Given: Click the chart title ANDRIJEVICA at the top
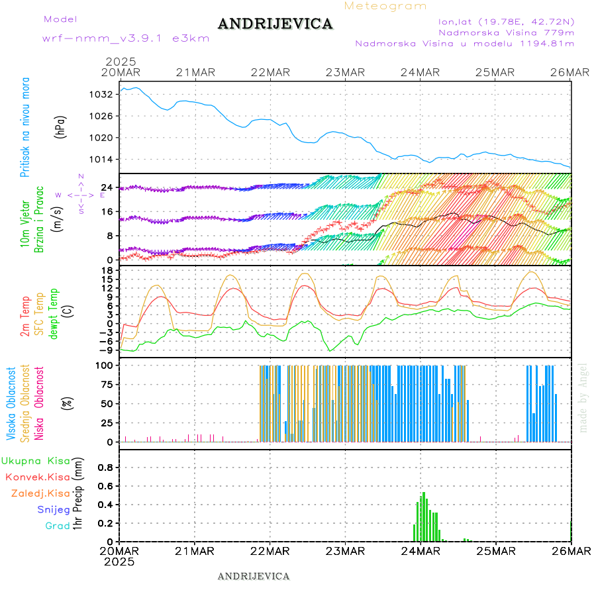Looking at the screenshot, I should click(x=275, y=25).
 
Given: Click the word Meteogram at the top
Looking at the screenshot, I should click(x=386, y=6).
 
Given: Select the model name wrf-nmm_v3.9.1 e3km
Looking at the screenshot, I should click(x=126, y=38).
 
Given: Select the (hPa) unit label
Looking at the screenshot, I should click(x=62, y=126).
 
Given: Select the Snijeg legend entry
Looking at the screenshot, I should click(x=54, y=509).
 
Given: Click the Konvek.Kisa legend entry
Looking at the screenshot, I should click(x=38, y=477).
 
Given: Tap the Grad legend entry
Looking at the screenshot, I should click(x=58, y=526).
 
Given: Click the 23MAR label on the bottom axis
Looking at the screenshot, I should click(x=345, y=551).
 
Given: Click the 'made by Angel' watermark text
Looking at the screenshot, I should click(x=583, y=397).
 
